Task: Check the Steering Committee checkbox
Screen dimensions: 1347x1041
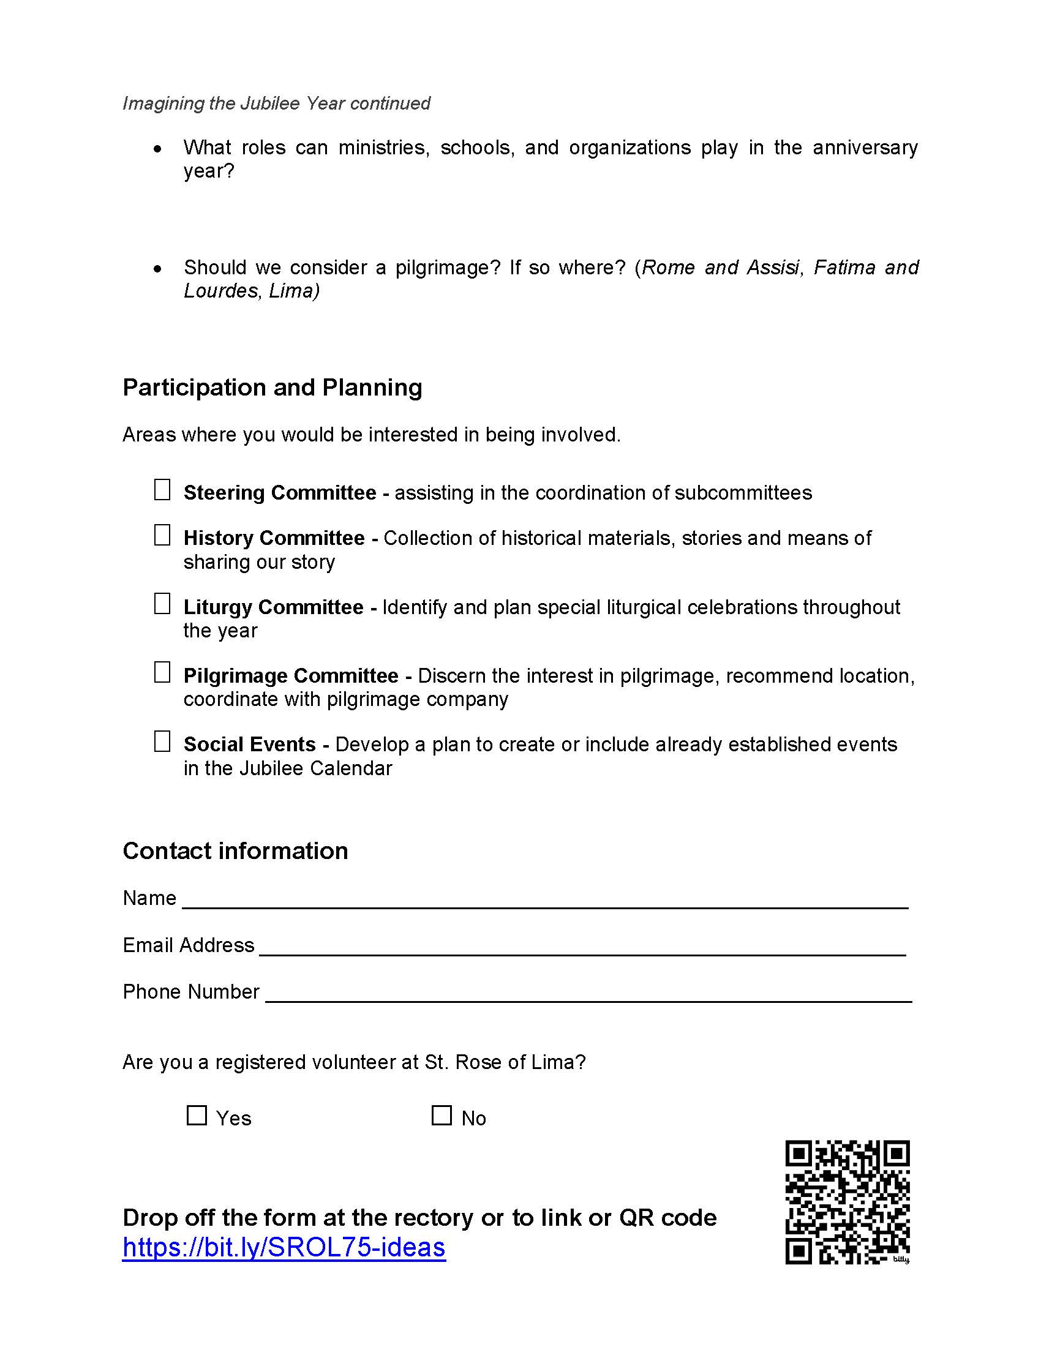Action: coord(162,490)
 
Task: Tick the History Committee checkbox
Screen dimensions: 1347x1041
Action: coord(162,535)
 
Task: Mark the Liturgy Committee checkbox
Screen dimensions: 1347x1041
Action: coord(162,604)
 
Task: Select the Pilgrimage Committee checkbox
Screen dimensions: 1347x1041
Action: coord(162,673)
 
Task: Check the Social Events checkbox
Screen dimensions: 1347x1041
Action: coord(162,741)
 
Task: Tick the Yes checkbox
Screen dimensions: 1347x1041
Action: coord(197,1115)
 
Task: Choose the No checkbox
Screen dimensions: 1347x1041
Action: coord(442,1115)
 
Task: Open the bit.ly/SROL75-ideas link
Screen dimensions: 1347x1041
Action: coord(284,1247)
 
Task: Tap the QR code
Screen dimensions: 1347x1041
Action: coord(847,1202)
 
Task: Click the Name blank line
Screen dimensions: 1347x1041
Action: coord(545,902)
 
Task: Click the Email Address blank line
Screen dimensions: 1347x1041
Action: coord(582,948)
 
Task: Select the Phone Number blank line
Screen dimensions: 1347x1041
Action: coord(588,996)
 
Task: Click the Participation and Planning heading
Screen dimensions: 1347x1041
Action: coord(272,388)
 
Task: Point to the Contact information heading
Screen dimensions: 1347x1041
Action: coord(235,851)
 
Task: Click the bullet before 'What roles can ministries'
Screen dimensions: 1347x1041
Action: coord(159,149)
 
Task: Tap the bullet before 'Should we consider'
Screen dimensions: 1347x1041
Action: coord(159,269)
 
